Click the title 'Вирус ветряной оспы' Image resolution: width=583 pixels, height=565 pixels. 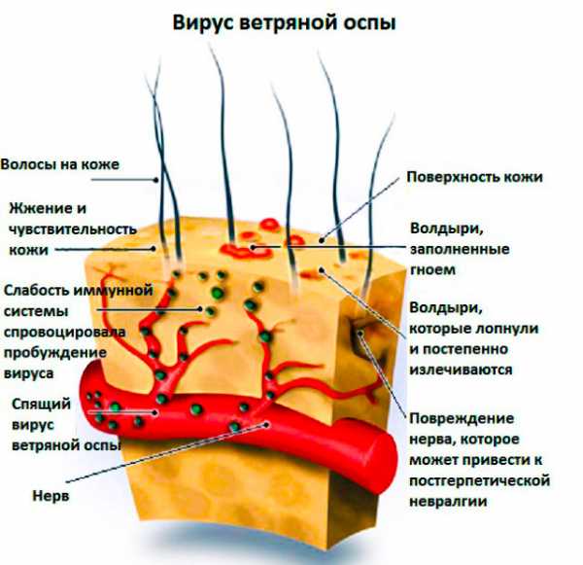click(x=285, y=22)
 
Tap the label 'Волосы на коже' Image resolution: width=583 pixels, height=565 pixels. click(x=60, y=164)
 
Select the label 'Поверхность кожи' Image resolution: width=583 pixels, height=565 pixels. click(x=474, y=176)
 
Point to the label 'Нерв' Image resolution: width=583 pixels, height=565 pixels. click(x=51, y=495)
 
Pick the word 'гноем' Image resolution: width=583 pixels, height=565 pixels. click(x=432, y=269)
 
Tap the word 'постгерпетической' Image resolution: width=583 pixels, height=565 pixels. click(x=480, y=480)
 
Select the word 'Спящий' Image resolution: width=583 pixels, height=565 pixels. click(x=41, y=405)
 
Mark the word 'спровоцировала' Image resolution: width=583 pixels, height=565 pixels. click(x=64, y=332)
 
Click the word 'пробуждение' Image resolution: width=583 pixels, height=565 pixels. click(x=55, y=352)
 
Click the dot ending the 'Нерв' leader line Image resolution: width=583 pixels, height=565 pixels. click(x=266, y=424)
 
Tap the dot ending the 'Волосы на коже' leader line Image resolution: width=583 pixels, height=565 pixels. click(x=156, y=180)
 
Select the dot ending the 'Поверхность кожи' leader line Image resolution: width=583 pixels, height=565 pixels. click(x=322, y=240)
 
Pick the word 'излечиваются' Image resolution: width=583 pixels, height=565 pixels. click(x=461, y=370)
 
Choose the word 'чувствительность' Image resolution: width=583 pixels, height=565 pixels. click(x=73, y=230)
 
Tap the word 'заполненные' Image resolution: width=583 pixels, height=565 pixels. click(x=460, y=249)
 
